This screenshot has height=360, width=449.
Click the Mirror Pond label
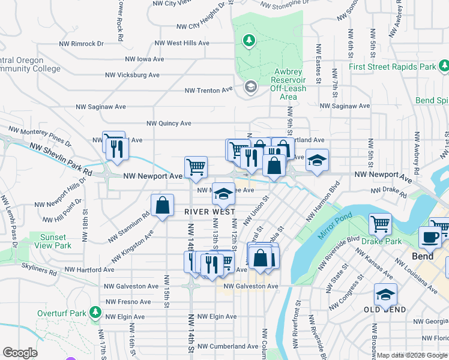[329, 226]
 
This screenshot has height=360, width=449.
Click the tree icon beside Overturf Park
[95, 313]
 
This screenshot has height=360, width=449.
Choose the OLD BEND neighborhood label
[385, 310]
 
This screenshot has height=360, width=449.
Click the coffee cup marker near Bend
[430, 236]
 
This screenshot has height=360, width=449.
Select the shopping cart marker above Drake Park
[380, 224]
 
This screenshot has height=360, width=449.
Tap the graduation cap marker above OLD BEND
[385, 294]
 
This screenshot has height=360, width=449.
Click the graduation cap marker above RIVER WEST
[223, 193]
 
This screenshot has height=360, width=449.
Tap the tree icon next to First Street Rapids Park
[444, 65]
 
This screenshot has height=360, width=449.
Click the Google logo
[20, 353]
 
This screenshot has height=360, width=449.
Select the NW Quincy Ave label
[169, 124]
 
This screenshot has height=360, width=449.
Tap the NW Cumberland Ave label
[229, 346]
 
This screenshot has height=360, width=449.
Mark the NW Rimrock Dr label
[81, 44]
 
